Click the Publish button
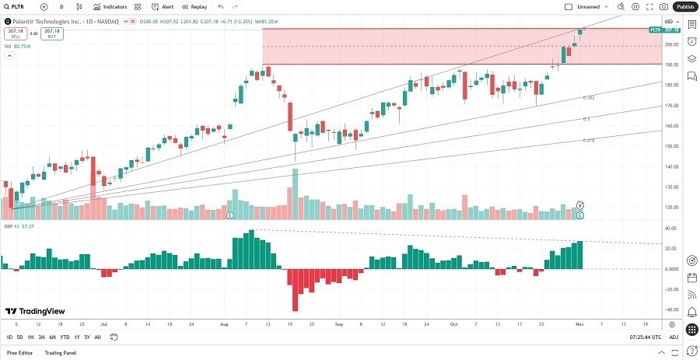point(684,6)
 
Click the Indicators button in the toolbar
point(110,6)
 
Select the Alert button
point(163,6)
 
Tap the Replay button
point(195,6)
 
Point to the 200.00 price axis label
point(670,44)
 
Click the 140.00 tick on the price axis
point(670,166)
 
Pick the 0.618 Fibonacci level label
point(589,140)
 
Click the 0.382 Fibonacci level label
point(589,98)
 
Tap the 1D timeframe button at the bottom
point(9,337)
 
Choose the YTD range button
point(65,337)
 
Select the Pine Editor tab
point(20,353)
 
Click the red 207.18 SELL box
point(15,33)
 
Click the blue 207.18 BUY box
point(53,33)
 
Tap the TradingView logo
point(36,311)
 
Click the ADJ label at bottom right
point(674,337)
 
